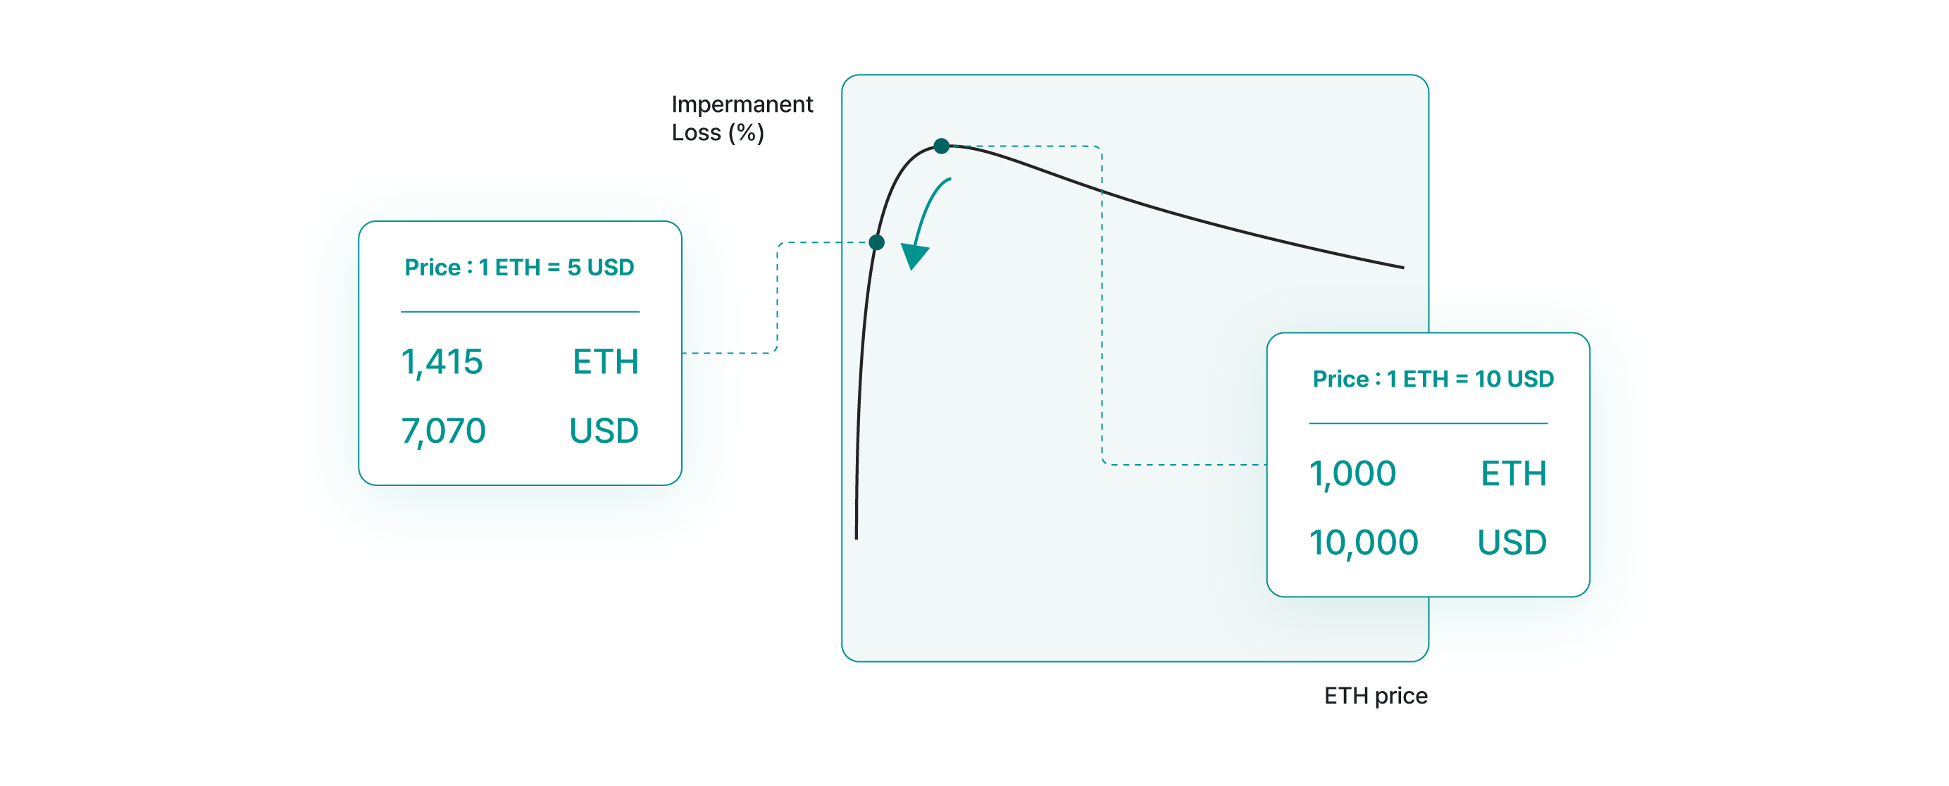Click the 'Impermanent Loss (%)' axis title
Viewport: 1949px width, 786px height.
[742, 118]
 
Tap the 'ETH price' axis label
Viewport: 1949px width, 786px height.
[1375, 695]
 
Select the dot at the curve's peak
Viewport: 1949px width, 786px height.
[941, 146]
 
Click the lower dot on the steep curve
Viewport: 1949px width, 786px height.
[877, 242]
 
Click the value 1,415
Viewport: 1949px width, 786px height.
[441, 361]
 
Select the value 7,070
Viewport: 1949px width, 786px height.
[442, 430]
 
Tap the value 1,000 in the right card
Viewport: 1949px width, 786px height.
[1352, 473]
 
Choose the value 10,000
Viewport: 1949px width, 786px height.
[1363, 542]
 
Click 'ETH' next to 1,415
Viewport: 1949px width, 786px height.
[605, 361]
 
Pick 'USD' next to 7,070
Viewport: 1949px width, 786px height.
[604, 430]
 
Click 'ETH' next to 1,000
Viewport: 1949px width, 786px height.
[1513, 473]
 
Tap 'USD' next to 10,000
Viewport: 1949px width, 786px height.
[1512, 542]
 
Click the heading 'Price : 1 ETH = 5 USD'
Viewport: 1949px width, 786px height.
[519, 267]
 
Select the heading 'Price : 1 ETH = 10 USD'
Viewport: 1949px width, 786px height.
[1432, 378]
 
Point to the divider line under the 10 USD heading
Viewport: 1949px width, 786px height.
[1428, 423]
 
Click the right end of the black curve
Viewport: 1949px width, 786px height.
[1402, 267]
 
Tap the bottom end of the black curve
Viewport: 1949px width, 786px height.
[857, 537]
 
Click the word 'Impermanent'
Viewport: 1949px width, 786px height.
[742, 104]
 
